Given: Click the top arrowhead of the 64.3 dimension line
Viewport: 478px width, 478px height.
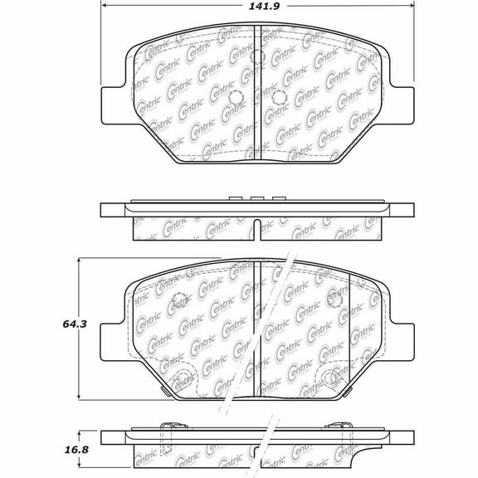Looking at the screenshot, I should (80, 259).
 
